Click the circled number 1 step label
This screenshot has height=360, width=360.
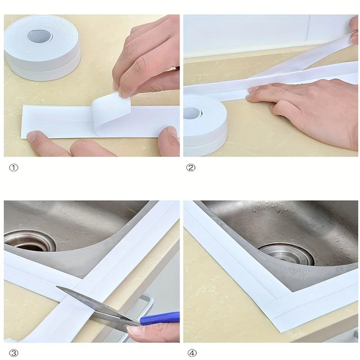pos(14,167)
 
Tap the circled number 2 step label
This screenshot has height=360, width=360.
pos(191,167)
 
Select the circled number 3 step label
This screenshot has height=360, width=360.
pos(14,353)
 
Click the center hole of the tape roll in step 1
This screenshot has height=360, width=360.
pos(40,36)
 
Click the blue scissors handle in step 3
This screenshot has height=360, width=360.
pos(159,319)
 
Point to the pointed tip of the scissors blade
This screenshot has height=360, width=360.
pos(58,288)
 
